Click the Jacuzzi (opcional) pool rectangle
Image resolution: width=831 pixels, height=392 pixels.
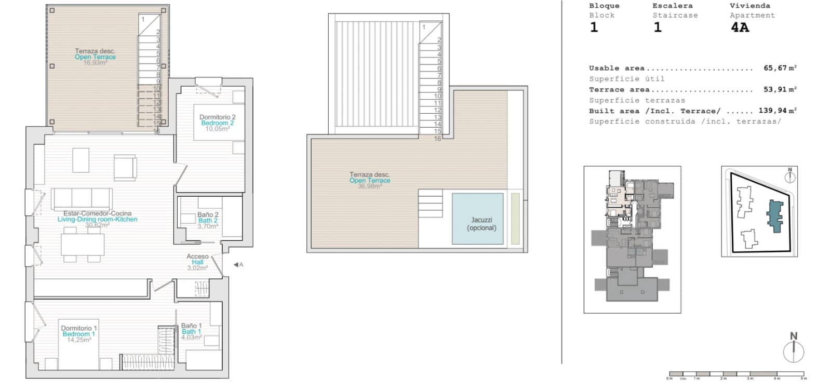click(477, 218)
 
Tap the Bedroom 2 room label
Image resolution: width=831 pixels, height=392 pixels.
click(217, 123)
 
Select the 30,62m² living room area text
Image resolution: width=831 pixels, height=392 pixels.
click(97, 225)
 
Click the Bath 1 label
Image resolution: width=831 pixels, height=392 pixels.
click(191, 331)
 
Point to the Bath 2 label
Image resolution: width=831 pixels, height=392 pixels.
click(208, 221)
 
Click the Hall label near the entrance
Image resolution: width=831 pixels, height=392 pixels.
click(197, 262)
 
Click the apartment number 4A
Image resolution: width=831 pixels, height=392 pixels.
click(740, 28)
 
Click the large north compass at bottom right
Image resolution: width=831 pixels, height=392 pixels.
click(793, 352)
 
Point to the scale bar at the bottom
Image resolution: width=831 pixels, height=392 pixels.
click(736, 373)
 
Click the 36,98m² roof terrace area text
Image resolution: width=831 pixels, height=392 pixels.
click(369, 186)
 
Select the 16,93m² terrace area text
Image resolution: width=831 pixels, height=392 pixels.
click(95, 62)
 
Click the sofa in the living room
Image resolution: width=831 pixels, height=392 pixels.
click(82, 198)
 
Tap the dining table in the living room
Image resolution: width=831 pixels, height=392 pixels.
click(83, 245)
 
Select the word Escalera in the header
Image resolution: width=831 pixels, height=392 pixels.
click(672, 6)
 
